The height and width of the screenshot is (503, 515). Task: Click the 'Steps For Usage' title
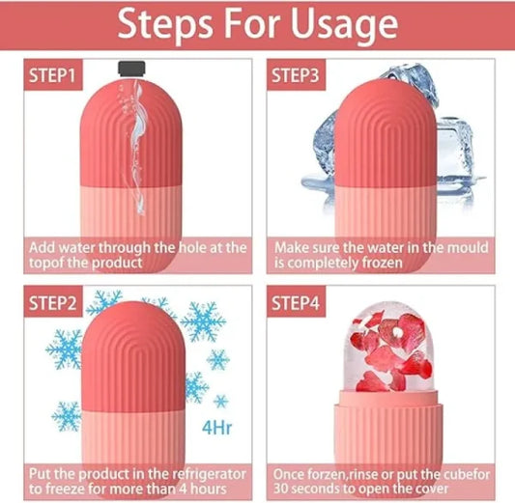coord(256,24)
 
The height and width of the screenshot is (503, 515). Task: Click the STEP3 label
coord(300,75)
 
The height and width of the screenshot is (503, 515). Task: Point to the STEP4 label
coord(300,303)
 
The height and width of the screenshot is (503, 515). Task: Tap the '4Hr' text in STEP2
coord(215,426)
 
